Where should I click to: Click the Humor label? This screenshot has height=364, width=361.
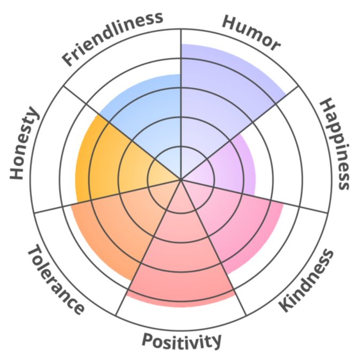(x=251, y=33)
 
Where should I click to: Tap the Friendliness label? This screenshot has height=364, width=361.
(x=113, y=37)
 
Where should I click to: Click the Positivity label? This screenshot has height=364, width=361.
(x=181, y=340)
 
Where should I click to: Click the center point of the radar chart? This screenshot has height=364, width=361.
(x=181, y=179)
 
